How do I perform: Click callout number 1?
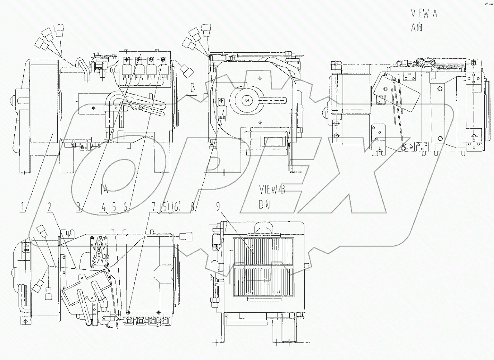(23, 207)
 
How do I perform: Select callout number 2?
(49, 207)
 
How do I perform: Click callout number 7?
(153, 207)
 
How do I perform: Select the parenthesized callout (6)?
(176, 207)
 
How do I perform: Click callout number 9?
(218, 207)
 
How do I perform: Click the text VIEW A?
(424, 14)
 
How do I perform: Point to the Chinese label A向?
(417, 27)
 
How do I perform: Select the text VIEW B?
(272, 190)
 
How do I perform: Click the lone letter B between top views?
(193, 87)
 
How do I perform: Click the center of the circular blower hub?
(247, 100)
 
